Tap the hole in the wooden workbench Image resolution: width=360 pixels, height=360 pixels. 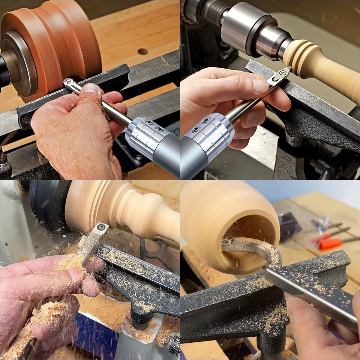(x=142, y=51)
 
